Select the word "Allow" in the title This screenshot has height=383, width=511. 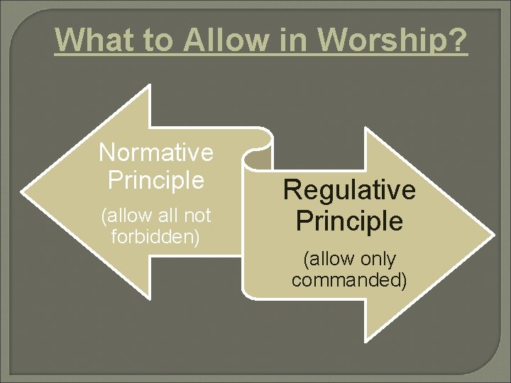(x=225, y=40)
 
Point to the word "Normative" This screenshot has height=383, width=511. (x=156, y=152)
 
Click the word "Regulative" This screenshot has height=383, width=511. (x=349, y=190)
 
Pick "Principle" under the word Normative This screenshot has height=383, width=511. (x=156, y=179)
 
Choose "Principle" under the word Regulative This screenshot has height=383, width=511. (x=349, y=221)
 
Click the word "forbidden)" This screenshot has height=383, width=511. (x=156, y=236)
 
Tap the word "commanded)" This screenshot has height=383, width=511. (x=349, y=279)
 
